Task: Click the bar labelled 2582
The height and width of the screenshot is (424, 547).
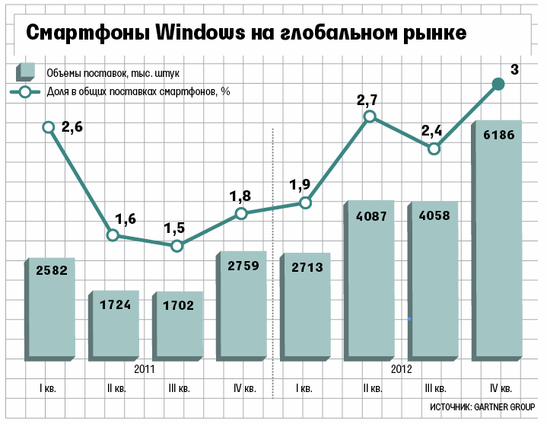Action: point(52,308)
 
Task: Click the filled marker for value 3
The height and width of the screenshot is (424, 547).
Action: point(499,84)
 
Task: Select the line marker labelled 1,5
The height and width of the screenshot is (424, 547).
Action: point(177,246)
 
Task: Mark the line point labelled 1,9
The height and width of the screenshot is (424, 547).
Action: point(305,202)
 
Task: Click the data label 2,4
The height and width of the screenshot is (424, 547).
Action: point(431,130)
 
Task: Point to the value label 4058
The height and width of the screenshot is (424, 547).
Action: point(434,215)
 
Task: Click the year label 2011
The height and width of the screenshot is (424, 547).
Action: point(145,369)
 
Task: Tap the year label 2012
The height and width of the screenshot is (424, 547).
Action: point(401,369)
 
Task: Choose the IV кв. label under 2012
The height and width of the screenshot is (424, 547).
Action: point(501,388)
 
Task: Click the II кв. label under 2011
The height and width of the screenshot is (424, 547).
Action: point(116,388)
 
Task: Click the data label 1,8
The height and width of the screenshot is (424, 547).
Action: point(240,196)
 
